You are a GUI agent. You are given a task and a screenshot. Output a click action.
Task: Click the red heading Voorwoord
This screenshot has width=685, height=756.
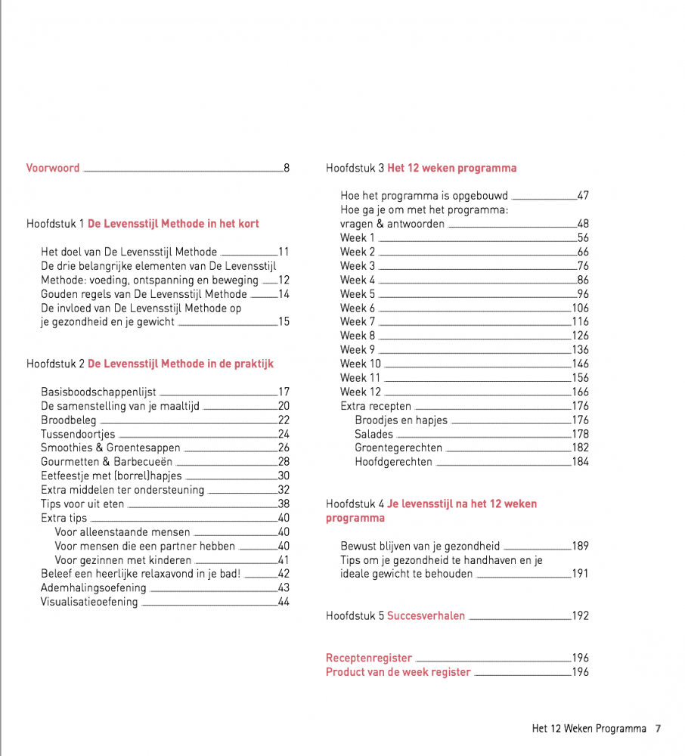tap(53, 168)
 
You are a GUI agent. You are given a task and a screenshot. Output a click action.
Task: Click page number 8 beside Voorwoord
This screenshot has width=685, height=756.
tap(287, 168)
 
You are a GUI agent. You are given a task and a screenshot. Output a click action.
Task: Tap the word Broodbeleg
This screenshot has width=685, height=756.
tap(69, 420)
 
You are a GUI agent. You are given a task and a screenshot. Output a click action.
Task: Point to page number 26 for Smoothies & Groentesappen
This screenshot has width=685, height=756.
tap(284, 448)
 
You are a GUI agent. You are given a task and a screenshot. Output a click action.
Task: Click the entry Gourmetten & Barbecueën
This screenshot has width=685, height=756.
tap(107, 461)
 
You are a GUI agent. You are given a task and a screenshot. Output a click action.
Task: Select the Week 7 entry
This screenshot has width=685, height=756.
tap(358, 321)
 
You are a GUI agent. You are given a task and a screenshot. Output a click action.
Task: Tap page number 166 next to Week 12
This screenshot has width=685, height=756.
tap(580, 392)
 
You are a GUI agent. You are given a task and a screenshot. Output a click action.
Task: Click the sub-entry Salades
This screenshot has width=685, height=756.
tap(373, 434)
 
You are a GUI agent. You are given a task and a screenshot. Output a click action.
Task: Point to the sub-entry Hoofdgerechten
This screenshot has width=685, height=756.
tap(393, 462)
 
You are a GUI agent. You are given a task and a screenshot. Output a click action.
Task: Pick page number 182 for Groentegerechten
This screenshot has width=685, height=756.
tap(580, 448)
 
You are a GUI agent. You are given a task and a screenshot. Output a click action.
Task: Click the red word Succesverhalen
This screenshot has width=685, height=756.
tap(426, 615)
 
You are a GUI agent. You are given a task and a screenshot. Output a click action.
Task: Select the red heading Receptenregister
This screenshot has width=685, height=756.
tap(369, 658)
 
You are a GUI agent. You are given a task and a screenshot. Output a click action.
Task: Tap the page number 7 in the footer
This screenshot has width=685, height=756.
tap(658, 729)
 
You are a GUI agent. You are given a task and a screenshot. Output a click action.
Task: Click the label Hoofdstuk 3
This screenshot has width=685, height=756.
tap(355, 168)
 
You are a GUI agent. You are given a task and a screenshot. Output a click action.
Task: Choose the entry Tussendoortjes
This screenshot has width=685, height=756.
tap(78, 434)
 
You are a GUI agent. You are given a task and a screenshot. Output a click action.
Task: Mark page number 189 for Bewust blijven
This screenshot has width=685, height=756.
tap(580, 546)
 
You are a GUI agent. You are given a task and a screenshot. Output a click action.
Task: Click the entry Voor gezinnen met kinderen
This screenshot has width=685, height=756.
tap(123, 560)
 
